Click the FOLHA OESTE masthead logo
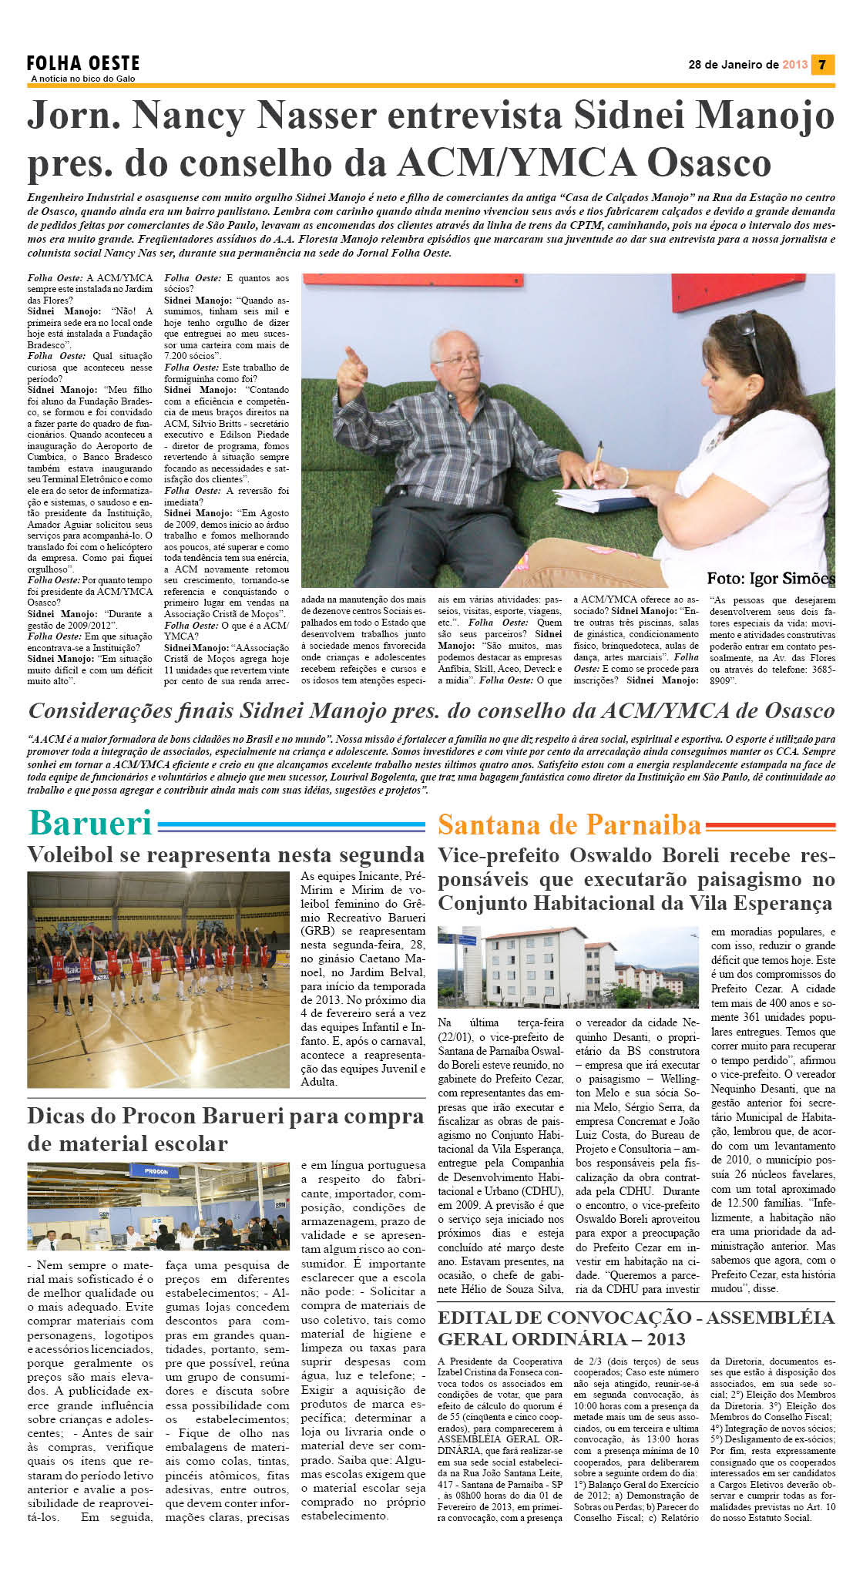click(83, 63)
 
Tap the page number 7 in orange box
click(822, 65)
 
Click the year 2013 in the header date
click(794, 65)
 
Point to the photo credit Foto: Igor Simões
click(770, 578)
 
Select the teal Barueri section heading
click(90, 823)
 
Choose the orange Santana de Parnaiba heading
click(569, 824)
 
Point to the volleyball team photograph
click(158, 979)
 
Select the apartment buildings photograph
click(567, 967)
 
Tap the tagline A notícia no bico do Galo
click(82, 79)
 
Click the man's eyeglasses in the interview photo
click(458, 358)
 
